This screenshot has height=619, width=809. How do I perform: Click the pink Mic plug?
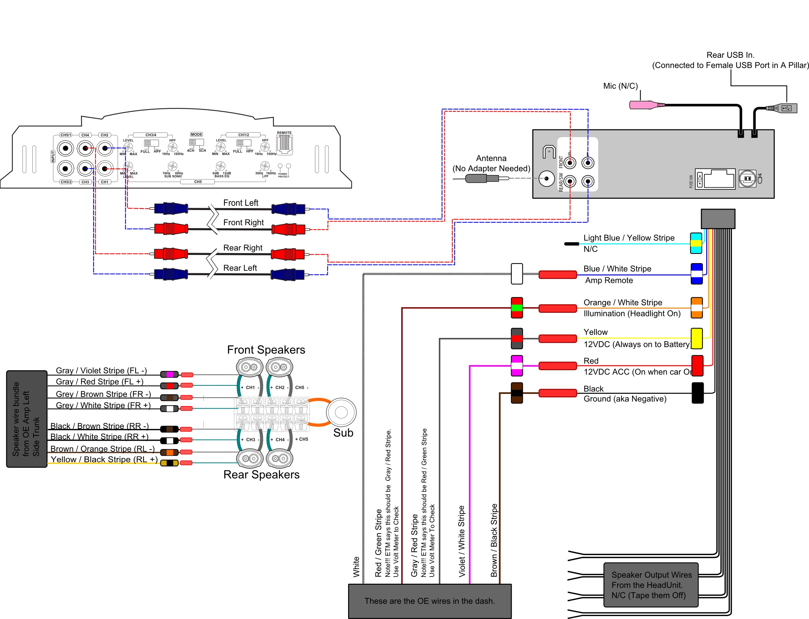tap(643, 105)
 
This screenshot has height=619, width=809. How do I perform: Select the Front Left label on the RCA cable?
tap(241, 203)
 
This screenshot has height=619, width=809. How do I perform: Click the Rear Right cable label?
tap(243, 248)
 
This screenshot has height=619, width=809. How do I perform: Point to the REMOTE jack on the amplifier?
tap(284, 144)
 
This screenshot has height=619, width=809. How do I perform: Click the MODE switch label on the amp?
tap(196, 134)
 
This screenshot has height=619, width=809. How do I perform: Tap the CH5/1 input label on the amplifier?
tap(66, 135)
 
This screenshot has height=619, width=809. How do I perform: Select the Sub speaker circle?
tap(341, 412)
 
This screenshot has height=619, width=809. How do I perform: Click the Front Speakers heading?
tap(266, 350)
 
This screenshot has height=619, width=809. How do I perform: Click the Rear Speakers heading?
tap(261, 475)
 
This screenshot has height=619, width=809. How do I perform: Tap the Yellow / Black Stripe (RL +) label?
tap(104, 459)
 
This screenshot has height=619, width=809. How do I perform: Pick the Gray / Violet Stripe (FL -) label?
tap(101, 371)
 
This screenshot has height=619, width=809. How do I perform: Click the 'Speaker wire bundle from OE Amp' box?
tap(27, 419)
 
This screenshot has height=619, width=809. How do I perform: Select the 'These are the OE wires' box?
tap(430, 601)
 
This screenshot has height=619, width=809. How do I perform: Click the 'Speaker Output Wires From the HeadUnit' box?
tap(651, 585)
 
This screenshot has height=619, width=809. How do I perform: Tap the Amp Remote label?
tap(609, 280)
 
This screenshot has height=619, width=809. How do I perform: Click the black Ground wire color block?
tap(697, 393)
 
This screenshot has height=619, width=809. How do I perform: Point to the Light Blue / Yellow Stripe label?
tap(629, 238)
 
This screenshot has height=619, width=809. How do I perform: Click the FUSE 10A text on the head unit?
tap(691, 181)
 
